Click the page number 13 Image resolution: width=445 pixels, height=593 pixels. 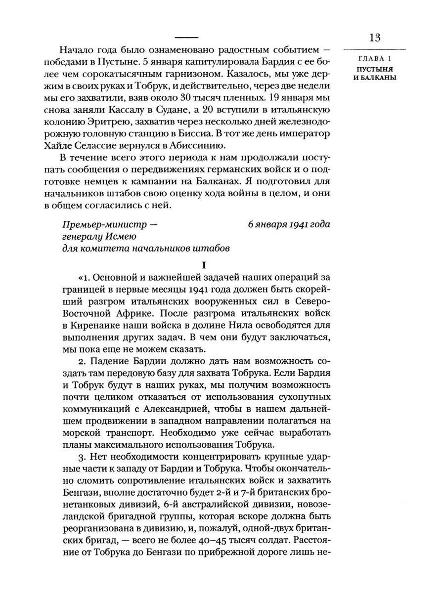374,38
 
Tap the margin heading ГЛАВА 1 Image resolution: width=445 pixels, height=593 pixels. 374,60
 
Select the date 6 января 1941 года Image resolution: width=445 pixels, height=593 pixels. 289,224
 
